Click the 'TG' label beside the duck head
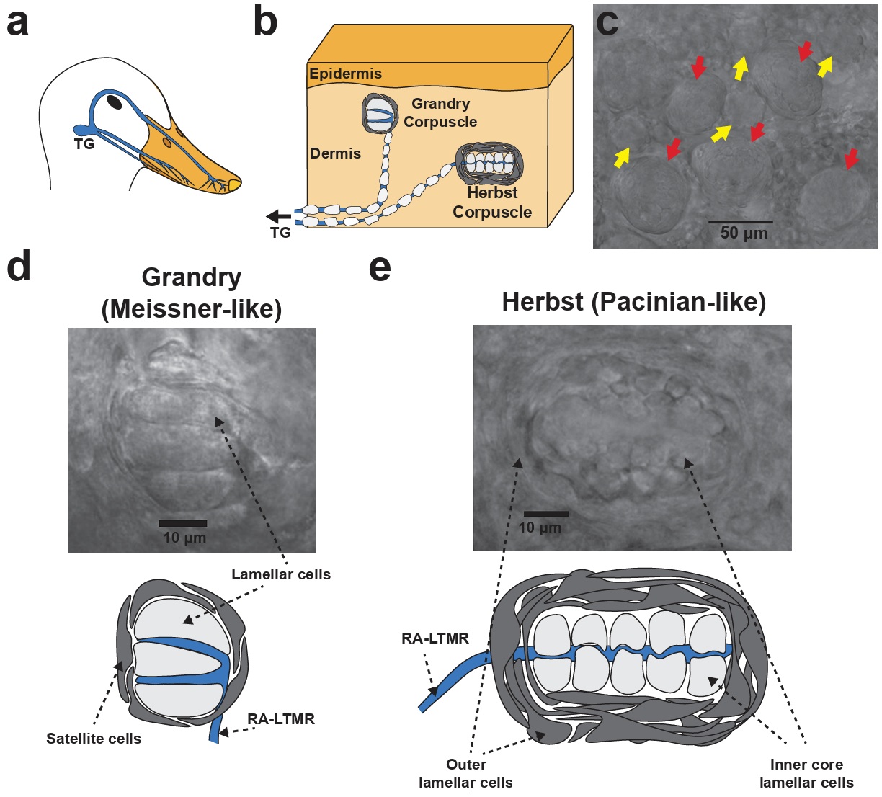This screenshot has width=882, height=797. (x=84, y=144)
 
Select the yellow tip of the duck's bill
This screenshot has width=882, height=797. (x=232, y=186)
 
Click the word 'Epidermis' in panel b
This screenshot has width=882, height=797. (x=345, y=74)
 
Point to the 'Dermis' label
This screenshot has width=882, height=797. (x=335, y=153)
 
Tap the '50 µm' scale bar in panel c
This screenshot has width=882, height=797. (x=740, y=222)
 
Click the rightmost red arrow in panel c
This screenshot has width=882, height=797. (x=852, y=159)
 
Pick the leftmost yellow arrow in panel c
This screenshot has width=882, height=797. (x=621, y=155)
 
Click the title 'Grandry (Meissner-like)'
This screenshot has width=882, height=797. (x=192, y=293)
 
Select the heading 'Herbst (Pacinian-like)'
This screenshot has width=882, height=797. (x=633, y=302)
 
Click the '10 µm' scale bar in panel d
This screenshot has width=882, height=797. (x=183, y=523)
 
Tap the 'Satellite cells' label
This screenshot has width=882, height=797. (x=94, y=739)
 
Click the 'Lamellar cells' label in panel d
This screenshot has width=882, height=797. (x=281, y=574)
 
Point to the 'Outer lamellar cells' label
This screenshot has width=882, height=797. (x=465, y=773)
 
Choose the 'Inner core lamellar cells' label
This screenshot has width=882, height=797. (x=806, y=773)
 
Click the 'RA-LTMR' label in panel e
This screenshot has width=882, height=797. (x=435, y=638)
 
